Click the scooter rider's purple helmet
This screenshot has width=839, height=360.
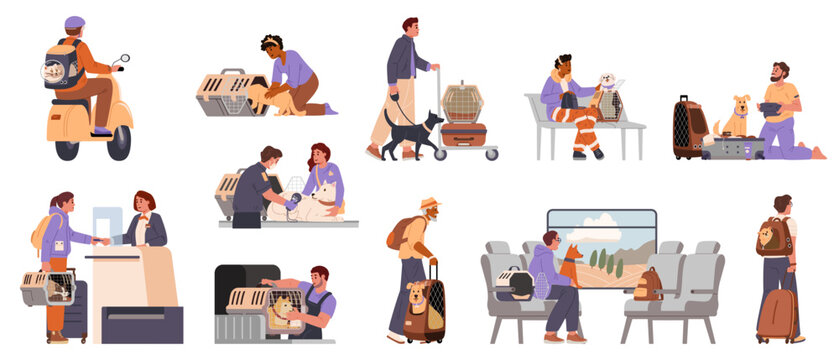[74, 23]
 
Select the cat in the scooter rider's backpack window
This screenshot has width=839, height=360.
[56, 71]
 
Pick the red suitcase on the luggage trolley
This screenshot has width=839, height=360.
[464, 134]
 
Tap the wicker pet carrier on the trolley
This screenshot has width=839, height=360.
[463, 102]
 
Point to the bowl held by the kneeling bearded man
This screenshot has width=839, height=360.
[771, 110]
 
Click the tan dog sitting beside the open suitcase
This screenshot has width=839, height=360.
[737, 118]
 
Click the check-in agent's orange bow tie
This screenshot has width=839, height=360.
[144, 216]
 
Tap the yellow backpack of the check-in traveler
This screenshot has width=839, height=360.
[38, 232]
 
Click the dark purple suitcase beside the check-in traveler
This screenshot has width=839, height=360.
[76, 310]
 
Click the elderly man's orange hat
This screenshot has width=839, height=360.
[429, 203]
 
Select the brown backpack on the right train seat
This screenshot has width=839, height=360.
[647, 284]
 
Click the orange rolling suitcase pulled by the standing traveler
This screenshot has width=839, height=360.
[775, 315]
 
